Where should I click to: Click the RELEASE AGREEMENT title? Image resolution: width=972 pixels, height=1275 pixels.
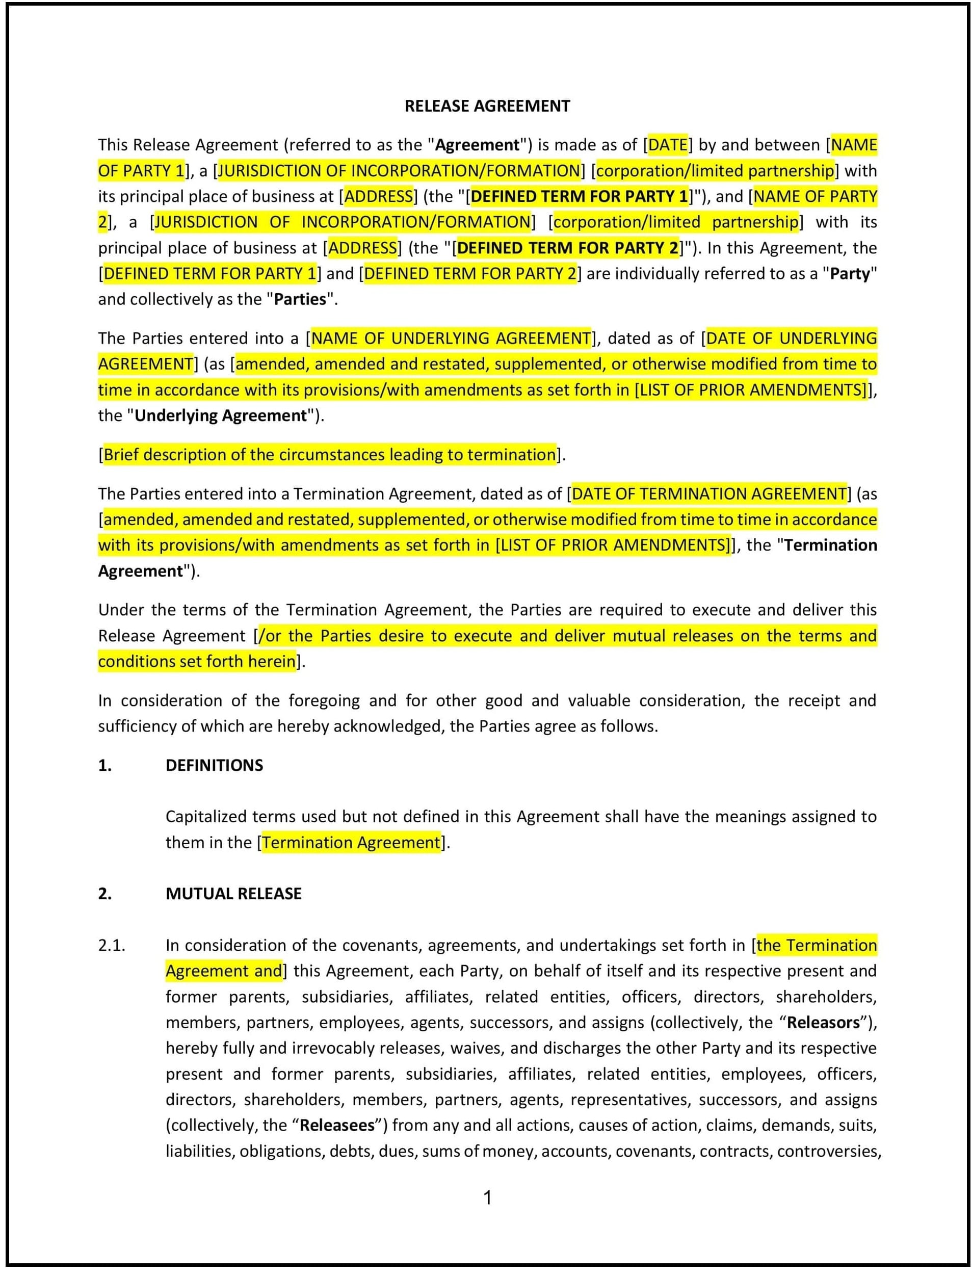point(487,106)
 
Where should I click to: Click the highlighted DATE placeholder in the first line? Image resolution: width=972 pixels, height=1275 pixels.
point(668,145)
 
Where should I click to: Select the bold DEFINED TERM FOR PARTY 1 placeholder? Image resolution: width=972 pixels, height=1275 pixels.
point(580,196)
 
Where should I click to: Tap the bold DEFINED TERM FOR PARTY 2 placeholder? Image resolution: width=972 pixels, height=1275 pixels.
point(567,248)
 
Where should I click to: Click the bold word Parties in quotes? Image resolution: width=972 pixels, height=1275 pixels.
point(300,299)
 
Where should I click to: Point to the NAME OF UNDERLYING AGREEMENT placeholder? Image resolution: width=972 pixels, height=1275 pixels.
point(451,338)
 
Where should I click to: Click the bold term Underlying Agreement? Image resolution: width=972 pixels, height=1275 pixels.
point(220,415)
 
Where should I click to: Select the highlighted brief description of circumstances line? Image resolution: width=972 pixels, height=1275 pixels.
point(330,454)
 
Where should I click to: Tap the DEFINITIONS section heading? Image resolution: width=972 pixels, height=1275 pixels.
point(214,765)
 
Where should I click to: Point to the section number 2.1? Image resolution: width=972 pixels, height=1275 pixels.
point(111,945)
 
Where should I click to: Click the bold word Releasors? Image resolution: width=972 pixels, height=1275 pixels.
point(823,1023)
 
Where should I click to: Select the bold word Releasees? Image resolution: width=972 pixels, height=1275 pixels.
point(337,1125)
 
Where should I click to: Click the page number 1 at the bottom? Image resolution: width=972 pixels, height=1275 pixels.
point(487,1197)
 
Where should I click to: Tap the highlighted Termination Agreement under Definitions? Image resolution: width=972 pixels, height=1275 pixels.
point(351,842)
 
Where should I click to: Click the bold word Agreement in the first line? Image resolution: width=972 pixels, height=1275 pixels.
point(477,145)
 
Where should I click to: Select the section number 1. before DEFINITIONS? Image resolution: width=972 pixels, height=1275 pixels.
point(104,765)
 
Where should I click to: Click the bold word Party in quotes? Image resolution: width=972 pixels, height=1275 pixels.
point(849,274)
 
